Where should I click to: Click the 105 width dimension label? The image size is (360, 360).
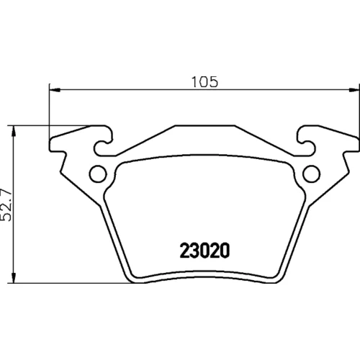click(204, 81)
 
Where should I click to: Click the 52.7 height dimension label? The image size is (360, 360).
click(6, 205)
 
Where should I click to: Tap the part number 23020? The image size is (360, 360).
click(204, 251)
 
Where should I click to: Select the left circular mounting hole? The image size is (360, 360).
click(98, 174)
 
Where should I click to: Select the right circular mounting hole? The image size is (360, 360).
click(311, 174)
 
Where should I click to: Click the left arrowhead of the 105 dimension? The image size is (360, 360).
click(54, 90)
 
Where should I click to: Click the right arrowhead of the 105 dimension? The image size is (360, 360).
click(354, 90)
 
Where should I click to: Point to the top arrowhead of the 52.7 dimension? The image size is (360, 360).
click(14, 131)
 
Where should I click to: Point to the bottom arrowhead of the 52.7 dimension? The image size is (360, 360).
click(14, 278)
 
